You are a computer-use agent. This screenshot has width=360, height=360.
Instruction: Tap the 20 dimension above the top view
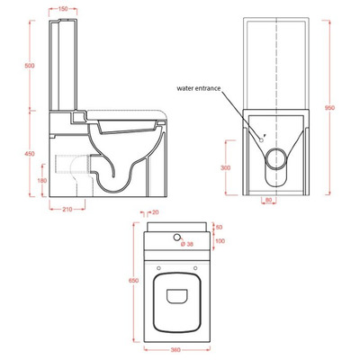[x=155, y=213]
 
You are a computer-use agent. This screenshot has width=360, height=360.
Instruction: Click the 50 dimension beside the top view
[x=218, y=229]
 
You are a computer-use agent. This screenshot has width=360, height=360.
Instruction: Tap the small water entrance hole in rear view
[x=261, y=138]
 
